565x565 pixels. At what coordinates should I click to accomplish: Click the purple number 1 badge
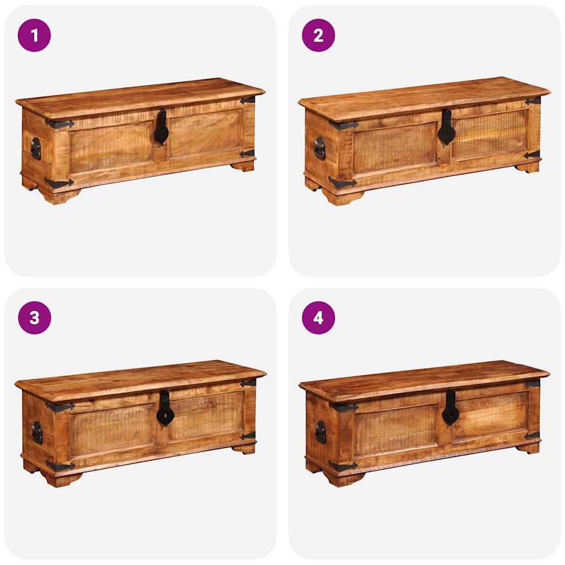point(34,35)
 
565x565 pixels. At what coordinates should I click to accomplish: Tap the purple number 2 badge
point(318,35)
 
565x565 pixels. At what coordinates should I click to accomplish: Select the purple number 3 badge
point(34,318)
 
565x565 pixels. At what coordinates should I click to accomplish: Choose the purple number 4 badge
point(318,318)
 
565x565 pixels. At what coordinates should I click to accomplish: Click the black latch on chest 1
point(161,128)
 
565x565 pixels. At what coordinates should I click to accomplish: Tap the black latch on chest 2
point(446,129)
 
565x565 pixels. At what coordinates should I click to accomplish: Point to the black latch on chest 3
point(165,409)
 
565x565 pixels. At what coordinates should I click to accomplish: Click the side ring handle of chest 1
point(35,148)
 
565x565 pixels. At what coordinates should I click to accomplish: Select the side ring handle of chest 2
point(319,148)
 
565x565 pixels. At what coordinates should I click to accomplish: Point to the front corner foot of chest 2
point(343,197)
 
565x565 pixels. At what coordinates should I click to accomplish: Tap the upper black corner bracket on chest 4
point(343,408)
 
